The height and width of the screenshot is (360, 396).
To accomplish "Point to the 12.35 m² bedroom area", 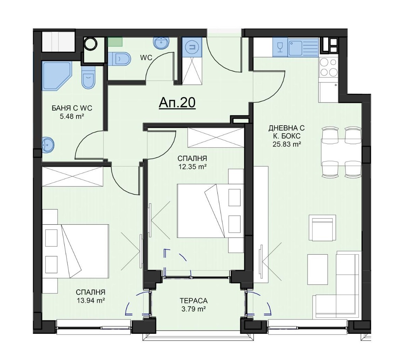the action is coord(192,167).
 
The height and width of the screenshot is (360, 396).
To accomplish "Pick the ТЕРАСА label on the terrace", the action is coord(193,301).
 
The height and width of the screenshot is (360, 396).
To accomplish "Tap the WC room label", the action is coord(146,58).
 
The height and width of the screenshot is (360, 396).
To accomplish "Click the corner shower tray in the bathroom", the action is coord(57,76).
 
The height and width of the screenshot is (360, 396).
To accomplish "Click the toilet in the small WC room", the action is coord(120,59).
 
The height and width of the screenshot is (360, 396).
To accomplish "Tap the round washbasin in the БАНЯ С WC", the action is coord(48,145).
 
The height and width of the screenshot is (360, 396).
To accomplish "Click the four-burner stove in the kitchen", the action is coord(328,68).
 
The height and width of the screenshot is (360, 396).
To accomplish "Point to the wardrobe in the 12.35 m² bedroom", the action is coord(215,137).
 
